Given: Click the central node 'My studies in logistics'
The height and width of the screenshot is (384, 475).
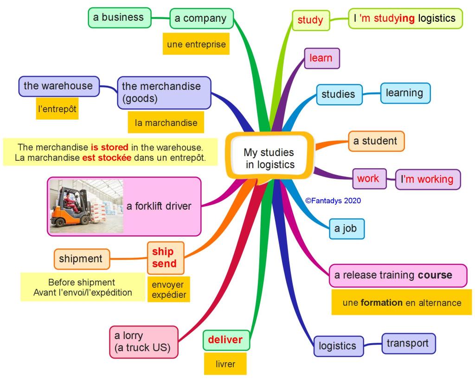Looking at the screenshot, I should coord(269,158).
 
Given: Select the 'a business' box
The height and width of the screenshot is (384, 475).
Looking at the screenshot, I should coord(119,18).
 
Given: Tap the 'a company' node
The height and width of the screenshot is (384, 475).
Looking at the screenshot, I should coord(200,19).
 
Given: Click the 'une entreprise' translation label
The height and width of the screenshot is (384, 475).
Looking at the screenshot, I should coord(196,44).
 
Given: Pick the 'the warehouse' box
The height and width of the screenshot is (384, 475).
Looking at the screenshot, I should coord(58,86).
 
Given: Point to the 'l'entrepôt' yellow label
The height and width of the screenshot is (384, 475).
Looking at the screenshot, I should coord(57,109).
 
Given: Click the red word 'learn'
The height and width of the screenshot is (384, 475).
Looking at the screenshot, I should coord(321,58).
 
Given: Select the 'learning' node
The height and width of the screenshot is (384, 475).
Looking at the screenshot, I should coord(404,93).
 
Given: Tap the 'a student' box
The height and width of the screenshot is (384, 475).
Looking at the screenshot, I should coord(376,141).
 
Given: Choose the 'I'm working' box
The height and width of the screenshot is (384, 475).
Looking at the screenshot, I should coord(428,179).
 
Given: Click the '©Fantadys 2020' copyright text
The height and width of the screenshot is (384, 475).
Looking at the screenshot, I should coord(333,201).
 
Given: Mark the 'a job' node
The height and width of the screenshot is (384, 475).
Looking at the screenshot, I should coord(346,229).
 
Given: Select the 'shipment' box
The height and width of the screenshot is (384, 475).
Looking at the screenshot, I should coord(81,259).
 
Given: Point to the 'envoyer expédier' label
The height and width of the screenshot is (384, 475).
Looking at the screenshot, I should coord(167,290).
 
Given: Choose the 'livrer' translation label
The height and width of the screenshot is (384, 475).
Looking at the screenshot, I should coord(225,364).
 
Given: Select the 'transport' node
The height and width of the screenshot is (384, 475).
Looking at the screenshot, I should coord(408,344).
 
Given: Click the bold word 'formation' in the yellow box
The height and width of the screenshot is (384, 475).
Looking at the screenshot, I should coord(382,303).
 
